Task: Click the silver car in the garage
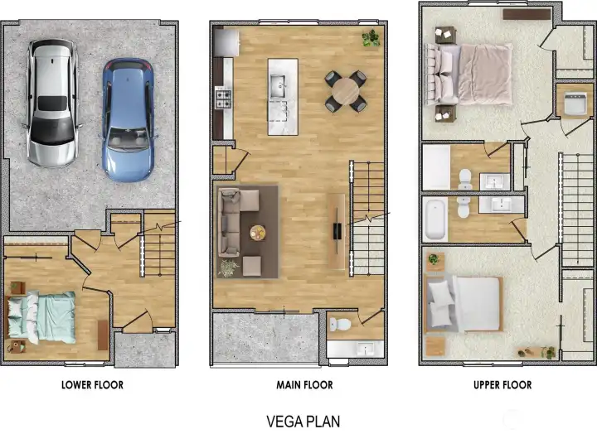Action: [x=54, y=101]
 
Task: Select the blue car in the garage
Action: [x=128, y=118]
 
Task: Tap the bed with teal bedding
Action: [x=42, y=316]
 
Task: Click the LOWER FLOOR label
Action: [x=92, y=385]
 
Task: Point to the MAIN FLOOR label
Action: [x=304, y=385]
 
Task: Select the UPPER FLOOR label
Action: [x=502, y=385]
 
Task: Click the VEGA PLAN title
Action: [x=303, y=421]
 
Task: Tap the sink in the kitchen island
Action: [x=278, y=84]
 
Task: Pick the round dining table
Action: [x=346, y=91]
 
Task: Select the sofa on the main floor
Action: [x=230, y=222]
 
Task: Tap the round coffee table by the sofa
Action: [x=259, y=234]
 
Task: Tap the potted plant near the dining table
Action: [x=371, y=38]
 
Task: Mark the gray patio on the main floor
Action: [x=264, y=337]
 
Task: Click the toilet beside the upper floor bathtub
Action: [x=464, y=208]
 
